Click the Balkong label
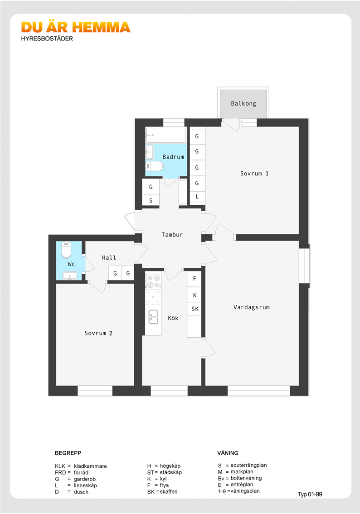point(243,104)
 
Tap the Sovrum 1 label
point(254,174)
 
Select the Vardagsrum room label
point(252,307)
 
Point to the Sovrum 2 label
point(98,333)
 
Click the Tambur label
point(172,235)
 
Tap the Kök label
point(173,318)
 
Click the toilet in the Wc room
point(67,250)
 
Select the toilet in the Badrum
point(155,166)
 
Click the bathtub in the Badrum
point(166,135)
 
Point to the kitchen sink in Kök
point(153,317)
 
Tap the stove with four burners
point(153,281)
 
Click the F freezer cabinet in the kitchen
point(194,279)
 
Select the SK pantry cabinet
point(195,309)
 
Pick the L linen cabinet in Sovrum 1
point(197,197)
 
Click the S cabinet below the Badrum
point(151,201)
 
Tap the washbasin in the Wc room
point(69,276)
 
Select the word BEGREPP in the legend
point(68,453)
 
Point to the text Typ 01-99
point(310,495)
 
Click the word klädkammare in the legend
point(90,466)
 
